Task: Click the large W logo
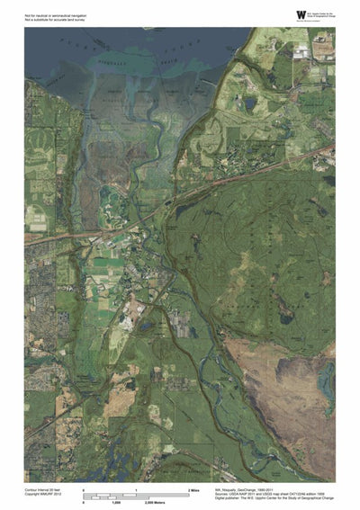coord(300,13)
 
